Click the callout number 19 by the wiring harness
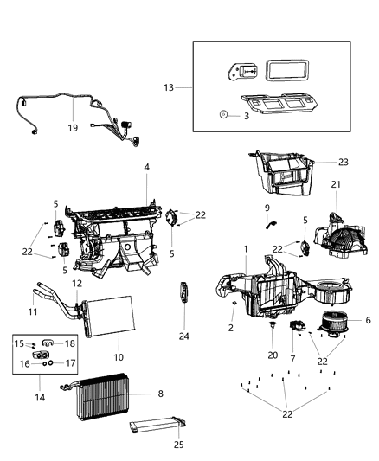[73, 126]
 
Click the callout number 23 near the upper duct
[318, 161]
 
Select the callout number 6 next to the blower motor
[369, 320]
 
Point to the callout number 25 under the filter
[179, 445]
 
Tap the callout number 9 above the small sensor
[267, 208]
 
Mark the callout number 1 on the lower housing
[247, 250]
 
